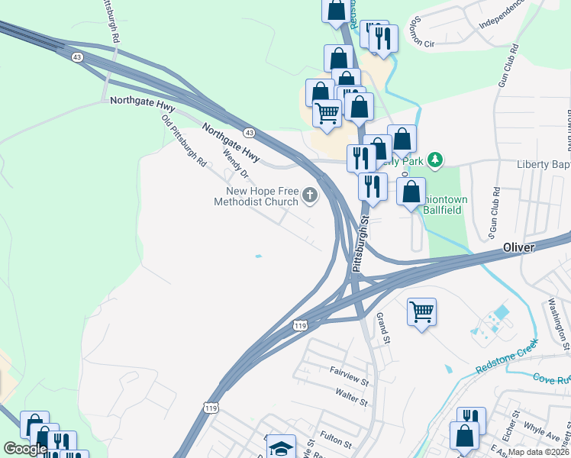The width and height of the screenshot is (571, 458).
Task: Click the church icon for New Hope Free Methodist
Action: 310,195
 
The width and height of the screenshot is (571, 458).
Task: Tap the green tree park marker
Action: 435,160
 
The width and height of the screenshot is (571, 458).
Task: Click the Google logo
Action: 25,449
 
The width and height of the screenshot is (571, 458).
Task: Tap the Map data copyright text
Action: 537,452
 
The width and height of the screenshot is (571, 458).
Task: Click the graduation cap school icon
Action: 281,448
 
